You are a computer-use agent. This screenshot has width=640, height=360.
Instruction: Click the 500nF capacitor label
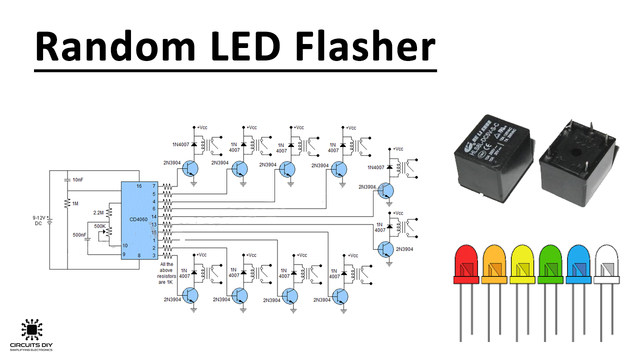point(79,235)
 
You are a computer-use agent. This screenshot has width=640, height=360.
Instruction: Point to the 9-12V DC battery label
point(39,220)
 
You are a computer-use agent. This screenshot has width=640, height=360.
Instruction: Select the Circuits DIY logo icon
point(31,329)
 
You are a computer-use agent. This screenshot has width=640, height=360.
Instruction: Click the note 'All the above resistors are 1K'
point(165,273)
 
